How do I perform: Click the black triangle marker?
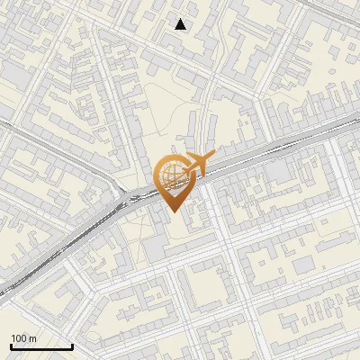pos(181,25)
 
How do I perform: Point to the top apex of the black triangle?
pos(181,19)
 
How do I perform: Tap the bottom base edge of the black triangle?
pos(181,30)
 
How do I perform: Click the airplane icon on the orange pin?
pos(193,165)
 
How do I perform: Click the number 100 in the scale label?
pos(20,338)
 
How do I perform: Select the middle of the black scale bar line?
pos(41,346)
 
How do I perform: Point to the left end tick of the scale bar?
pos(12,345)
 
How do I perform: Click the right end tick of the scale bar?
pos(72,345)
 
